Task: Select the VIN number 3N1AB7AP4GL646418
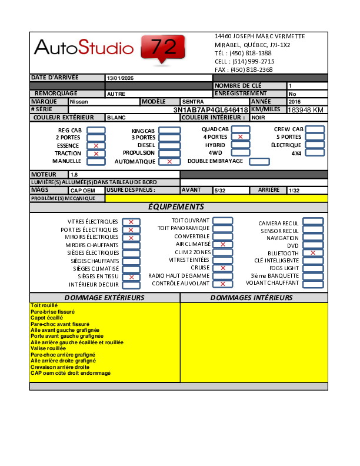[x=211, y=110]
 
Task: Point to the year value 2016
[x=295, y=102]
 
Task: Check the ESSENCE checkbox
[x=96, y=145]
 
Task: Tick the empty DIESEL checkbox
[x=169, y=145]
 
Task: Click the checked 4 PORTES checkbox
[x=240, y=137]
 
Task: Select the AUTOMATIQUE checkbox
[x=169, y=161]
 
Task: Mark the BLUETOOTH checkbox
[x=313, y=253]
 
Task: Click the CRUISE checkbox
[x=222, y=268]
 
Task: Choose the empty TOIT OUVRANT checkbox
[x=222, y=221]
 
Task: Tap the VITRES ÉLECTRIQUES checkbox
[x=131, y=222]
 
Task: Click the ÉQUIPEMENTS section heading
[x=176, y=207]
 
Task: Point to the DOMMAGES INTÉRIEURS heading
[x=252, y=298]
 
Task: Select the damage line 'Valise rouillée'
[x=48, y=348]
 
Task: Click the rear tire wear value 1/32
[x=294, y=191]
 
